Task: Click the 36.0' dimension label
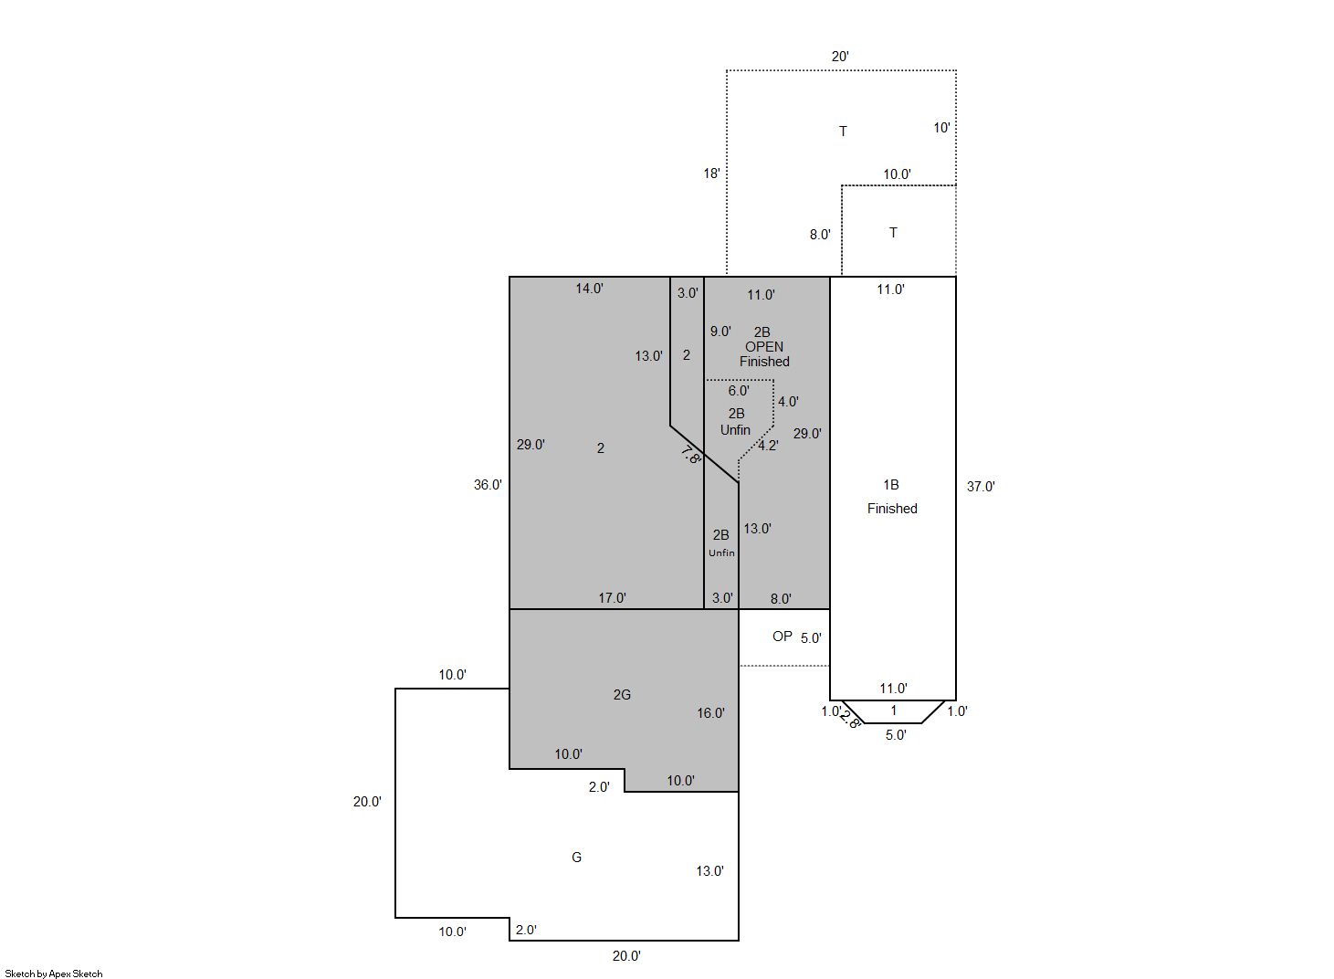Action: coord(488,485)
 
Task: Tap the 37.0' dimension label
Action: coord(981,487)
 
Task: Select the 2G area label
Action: coord(622,694)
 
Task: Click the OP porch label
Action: coord(782,636)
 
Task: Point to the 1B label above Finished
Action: coord(891,485)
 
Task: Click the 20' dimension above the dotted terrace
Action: coord(840,57)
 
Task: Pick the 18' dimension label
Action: coord(711,174)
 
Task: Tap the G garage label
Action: coord(576,857)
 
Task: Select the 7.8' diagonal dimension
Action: coord(691,456)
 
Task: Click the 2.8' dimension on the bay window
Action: coord(850,720)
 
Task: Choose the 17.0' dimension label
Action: coord(612,598)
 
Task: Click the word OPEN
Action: coord(764,347)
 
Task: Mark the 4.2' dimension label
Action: coord(768,446)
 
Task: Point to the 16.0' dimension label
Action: coord(710,713)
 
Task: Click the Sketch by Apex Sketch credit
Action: coord(54,974)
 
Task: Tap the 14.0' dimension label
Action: coord(589,289)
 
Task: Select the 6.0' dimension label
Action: coord(739,391)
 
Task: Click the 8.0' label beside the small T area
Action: coord(819,235)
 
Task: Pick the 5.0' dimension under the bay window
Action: coord(896,735)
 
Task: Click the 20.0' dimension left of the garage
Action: coord(367,802)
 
